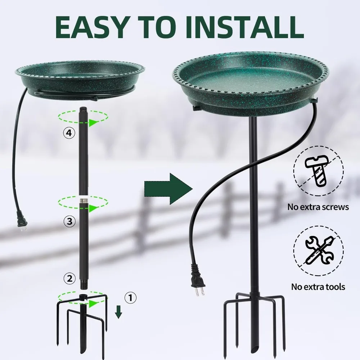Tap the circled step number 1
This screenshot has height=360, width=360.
click(130, 297)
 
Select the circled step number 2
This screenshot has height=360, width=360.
click(69, 278)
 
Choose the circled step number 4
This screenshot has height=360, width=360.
click(69, 133)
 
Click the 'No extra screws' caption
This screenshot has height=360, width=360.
click(318, 207)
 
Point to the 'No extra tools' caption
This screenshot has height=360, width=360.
click(318, 287)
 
